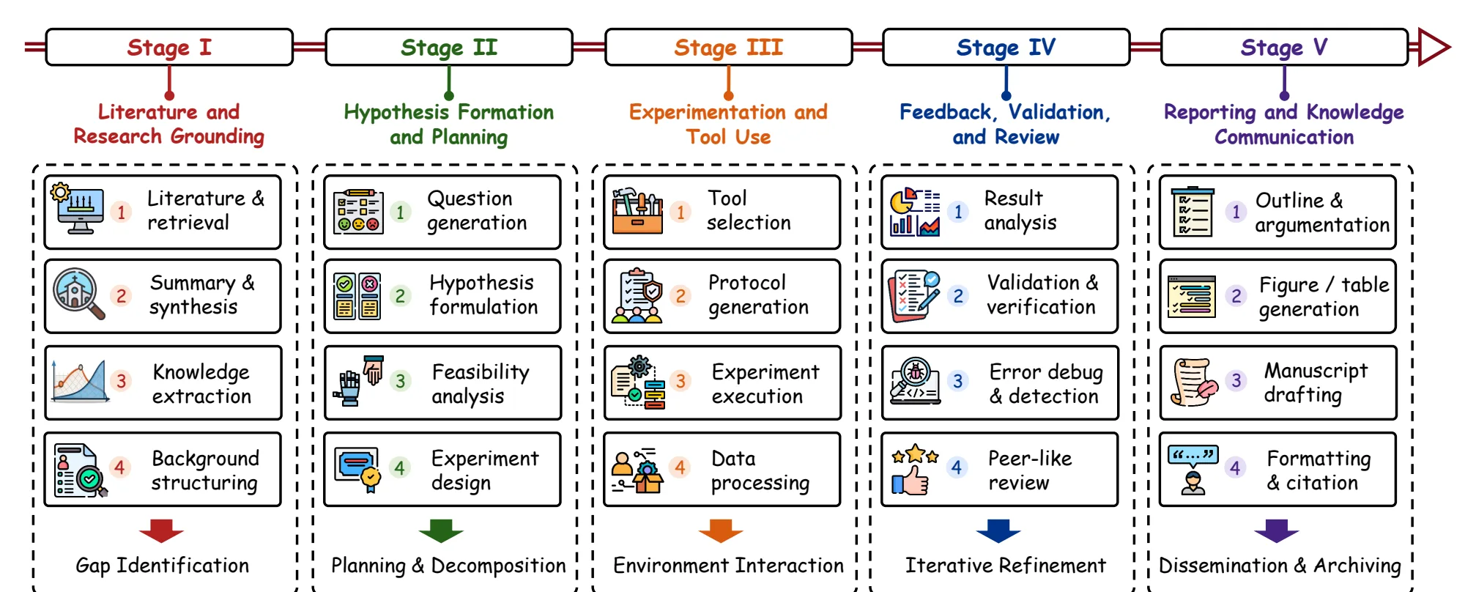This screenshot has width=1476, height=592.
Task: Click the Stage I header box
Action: [169, 48]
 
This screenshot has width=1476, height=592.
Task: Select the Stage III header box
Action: [729, 48]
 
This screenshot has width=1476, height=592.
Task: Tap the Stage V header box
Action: [1284, 48]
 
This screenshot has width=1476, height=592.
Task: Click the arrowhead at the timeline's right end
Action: [1434, 48]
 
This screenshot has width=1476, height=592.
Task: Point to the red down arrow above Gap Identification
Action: [161, 530]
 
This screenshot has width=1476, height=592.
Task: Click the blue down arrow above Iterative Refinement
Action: [998, 530]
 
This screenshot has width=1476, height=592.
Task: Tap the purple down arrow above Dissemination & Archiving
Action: [1276, 530]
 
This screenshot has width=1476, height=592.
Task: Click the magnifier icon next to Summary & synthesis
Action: [78, 294]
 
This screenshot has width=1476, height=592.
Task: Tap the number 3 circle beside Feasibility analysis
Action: [400, 381]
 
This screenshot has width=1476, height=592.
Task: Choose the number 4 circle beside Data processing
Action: [680, 467]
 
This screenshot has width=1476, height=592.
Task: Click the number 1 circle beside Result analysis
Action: [957, 212]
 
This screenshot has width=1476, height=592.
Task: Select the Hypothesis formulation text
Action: [483, 295]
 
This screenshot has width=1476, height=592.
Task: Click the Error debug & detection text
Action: [1045, 384]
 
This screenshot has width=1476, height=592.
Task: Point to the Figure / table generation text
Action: [1324, 297]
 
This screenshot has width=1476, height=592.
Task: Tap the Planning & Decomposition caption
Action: [448, 566]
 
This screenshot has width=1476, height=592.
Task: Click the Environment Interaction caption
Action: [728, 566]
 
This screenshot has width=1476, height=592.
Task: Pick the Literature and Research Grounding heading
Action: [168, 124]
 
